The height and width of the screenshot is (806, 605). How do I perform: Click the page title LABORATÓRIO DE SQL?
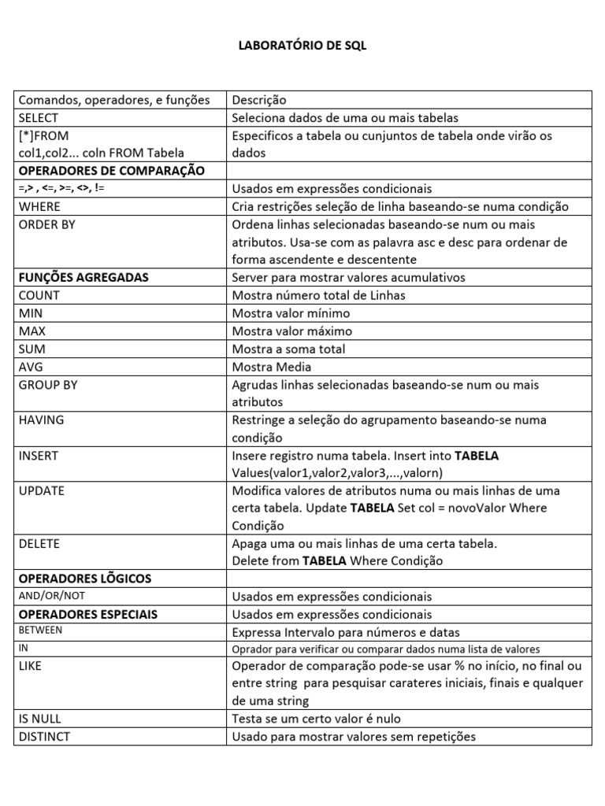coord(302,46)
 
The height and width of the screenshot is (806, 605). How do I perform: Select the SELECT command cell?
coord(39,118)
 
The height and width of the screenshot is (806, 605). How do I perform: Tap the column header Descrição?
coord(259,100)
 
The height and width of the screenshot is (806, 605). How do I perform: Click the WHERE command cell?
coord(39,206)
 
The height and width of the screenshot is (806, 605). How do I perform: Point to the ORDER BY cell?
coord(47,224)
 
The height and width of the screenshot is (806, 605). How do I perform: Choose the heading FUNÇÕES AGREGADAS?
coord(84,277)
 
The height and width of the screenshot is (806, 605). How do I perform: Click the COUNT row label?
coord(39,295)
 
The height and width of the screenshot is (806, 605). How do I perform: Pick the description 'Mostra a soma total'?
coord(288,349)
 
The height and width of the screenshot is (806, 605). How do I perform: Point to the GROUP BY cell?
coord(48,385)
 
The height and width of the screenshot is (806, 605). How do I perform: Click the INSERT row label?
coord(38,456)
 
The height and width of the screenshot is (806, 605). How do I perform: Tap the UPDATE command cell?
coord(42,490)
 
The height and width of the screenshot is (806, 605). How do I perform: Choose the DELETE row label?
coord(39,544)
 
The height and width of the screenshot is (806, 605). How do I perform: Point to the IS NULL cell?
coord(39,719)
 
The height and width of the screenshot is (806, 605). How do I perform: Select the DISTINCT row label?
coord(44,737)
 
